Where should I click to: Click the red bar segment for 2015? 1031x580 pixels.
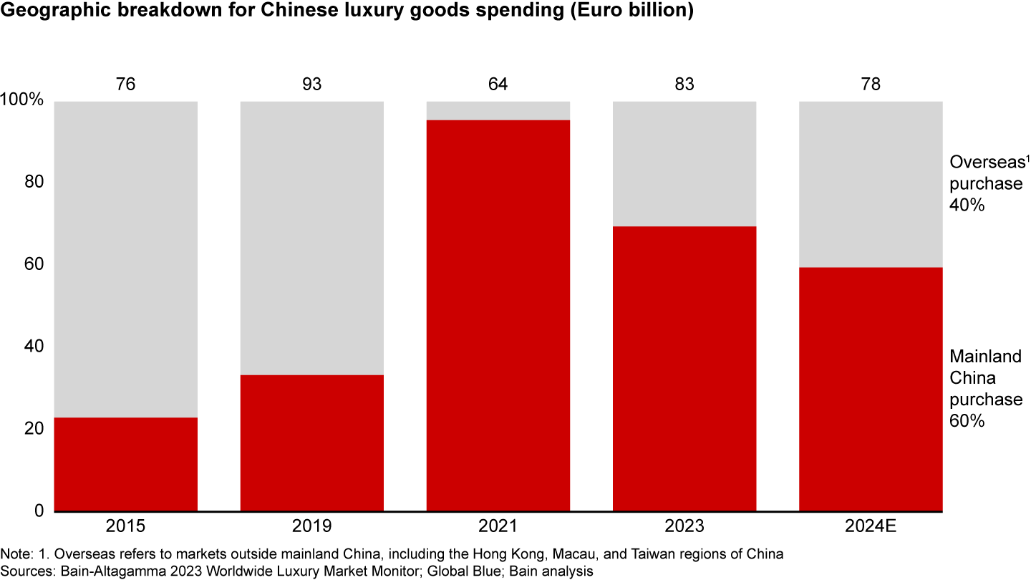coord(126,464)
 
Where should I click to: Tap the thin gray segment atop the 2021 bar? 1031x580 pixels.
coord(498,110)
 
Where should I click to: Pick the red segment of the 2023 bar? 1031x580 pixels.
coord(684,368)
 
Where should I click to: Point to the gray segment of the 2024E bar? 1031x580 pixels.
coord(871,184)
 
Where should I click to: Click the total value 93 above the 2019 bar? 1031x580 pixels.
coord(312,84)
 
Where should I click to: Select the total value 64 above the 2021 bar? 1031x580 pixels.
coord(498,84)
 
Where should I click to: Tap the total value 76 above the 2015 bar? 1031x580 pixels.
coord(126,84)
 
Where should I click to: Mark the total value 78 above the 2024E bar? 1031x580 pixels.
coord(871,84)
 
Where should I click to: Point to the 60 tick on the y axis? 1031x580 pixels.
coord(34,265)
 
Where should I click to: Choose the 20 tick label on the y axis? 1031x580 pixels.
coord(34,429)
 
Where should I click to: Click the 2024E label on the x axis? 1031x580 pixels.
coord(871,528)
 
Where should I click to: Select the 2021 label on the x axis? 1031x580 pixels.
coord(498,528)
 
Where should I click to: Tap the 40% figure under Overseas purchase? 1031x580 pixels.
coord(968,206)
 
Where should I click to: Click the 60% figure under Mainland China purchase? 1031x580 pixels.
coord(968,421)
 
